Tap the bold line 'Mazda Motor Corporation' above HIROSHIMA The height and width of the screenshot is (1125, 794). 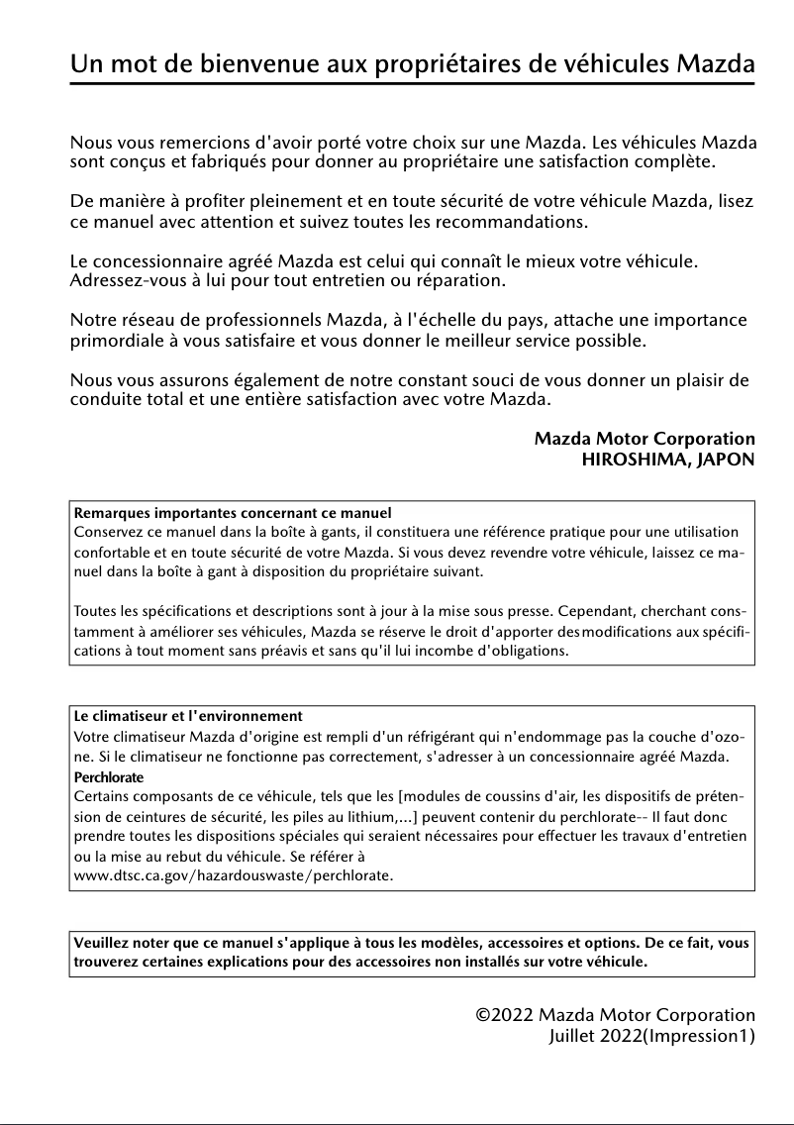click(645, 438)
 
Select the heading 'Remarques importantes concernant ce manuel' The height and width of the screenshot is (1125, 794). click(233, 513)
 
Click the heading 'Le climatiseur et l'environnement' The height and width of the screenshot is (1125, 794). click(188, 716)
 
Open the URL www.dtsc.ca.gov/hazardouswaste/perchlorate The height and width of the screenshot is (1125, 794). click(234, 876)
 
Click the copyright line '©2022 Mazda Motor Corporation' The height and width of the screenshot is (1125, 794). click(615, 1015)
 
